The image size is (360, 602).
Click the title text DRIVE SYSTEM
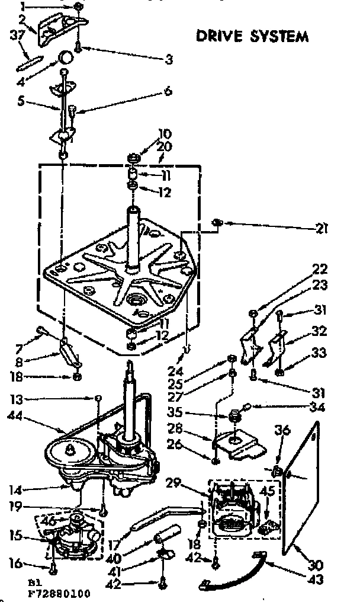point(252,36)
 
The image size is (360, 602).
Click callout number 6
point(168,91)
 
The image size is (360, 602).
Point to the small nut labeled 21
point(217,222)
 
